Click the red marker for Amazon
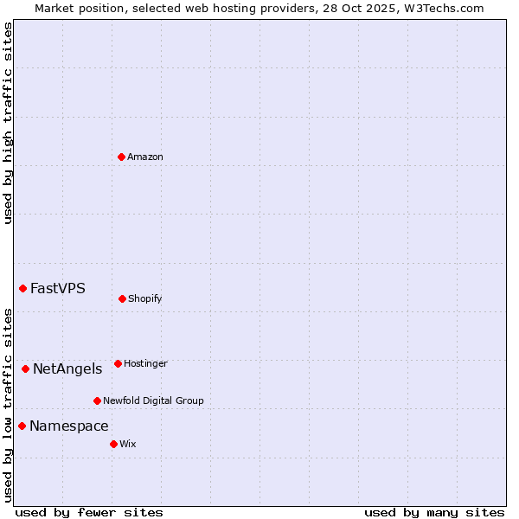(121, 157)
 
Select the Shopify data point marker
(122, 298)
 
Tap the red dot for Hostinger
(118, 363)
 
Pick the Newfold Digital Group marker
(97, 400)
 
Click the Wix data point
(113, 444)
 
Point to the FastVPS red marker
(23, 288)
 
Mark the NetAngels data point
(25, 368)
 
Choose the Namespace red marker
(22, 426)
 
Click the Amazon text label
(145, 157)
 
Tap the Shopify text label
(145, 298)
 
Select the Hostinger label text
(145, 363)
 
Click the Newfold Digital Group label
(153, 400)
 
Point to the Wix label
(128, 444)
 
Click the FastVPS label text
(58, 289)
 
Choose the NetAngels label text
(67, 369)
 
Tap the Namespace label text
(69, 426)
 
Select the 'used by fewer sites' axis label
(89, 512)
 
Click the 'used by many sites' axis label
(434, 512)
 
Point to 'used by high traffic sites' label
(8, 123)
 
